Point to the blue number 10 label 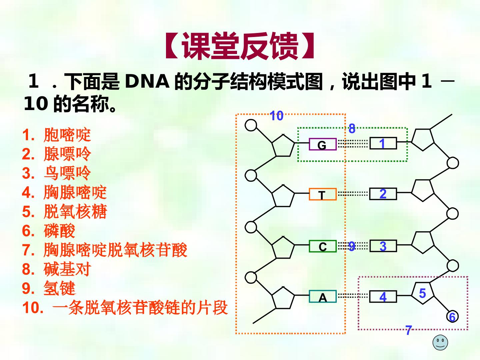pos(276,116)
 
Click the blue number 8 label pos(352,128)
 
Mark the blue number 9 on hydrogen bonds pos(352,246)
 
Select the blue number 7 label pos(408,330)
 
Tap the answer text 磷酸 pos(59,231)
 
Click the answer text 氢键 pos(59,288)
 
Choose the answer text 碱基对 pos(67,269)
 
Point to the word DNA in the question pos(147,81)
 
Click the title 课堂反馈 pos(240,46)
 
